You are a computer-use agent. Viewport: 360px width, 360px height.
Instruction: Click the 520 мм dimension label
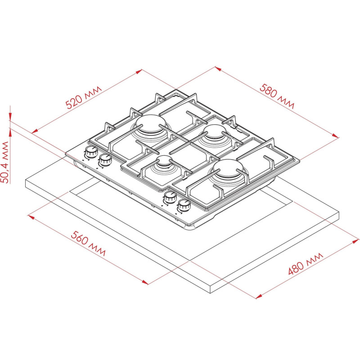coord(84,97)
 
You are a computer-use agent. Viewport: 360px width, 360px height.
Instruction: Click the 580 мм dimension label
coord(277,96)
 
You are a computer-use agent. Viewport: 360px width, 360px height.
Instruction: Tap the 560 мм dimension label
coord(88,243)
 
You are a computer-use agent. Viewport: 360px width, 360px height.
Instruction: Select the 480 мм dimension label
coord(306,264)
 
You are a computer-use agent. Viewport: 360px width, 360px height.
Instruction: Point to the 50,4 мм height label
coord(5,162)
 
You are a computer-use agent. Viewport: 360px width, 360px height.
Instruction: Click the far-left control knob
coord(91,152)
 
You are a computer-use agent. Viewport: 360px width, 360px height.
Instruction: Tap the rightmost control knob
coord(184,205)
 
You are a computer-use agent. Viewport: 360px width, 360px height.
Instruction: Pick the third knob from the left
coord(170,197)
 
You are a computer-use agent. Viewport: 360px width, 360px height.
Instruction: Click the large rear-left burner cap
coord(150,124)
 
